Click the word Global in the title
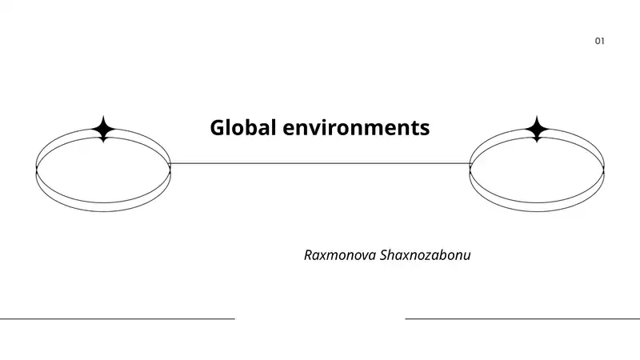pos(243,127)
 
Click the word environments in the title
pos(356,127)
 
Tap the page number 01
pos(599,41)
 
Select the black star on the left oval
pos(103,129)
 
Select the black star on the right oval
pos(537,129)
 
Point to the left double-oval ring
pos(103,211)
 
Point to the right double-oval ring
pos(537,211)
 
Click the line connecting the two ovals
pos(320,164)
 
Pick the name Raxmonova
pos(340,255)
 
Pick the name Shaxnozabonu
pos(426,255)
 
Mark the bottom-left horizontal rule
pos(118,318)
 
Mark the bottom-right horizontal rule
pos(522,318)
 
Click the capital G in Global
pos(218,127)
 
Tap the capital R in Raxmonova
pos(309,255)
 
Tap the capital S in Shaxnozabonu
pos(384,255)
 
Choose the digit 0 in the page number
pos(598,41)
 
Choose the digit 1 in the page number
pos(603,41)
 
